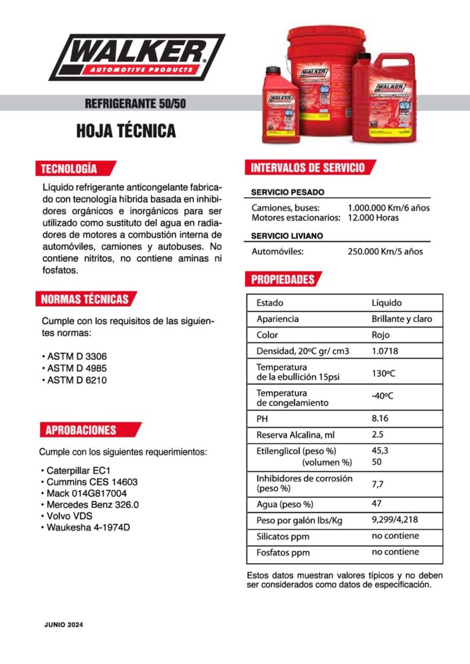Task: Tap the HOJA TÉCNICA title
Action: click(x=126, y=131)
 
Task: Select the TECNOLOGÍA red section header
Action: click(x=70, y=168)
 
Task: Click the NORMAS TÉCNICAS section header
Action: click(x=85, y=299)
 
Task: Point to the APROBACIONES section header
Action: click(x=81, y=430)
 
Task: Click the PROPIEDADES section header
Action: click(x=283, y=280)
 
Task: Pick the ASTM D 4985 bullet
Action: click(x=76, y=368)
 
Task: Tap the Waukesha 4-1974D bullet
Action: click(x=92, y=527)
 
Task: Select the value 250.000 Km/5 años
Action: click(x=386, y=252)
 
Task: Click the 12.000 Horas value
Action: click(x=374, y=218)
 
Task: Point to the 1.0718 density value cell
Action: click(x=385, y=351)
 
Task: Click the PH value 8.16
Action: click(x=380, y=419)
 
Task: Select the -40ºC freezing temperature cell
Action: click(x=382, y=396)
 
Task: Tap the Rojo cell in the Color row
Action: click(x=381, y=335)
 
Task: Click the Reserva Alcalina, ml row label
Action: click(x=292, y=435)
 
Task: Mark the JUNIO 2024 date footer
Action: click(x=64, y=625)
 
